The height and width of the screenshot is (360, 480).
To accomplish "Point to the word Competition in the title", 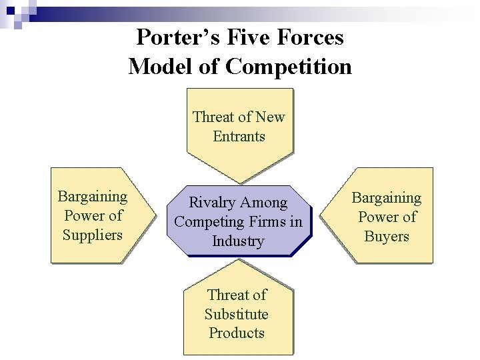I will pyautogui.click(x=289, y=66).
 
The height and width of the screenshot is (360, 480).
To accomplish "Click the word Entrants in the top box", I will pyautogui.click(x=239, y=137).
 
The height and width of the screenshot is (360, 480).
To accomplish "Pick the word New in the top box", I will pyautogui.click(x=270, y=117).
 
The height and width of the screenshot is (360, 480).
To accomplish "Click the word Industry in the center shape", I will pyautogui.click(x=238, y=241).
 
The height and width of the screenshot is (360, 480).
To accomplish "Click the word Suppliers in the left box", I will pyautogui.click(x=93, y=235).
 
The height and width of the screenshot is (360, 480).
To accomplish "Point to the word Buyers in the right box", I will pyautogui.click(x=387, y=236).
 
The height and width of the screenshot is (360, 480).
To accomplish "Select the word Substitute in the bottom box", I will pyautogui.click(x=237, y=314).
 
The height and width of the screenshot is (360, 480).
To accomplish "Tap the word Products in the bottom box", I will pyautogui.click(x=237, y=333).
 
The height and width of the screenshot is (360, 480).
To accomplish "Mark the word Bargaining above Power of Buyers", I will pyautogui.click(x=387, y=198).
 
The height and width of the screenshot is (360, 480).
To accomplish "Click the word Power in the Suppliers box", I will pyautogui.click(x=84, y=216).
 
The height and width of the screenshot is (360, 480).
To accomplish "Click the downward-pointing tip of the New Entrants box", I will pyautogui.click(x=240, y=183).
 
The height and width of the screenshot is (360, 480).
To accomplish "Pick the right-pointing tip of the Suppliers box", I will pyautogui.click(x=155, y=215).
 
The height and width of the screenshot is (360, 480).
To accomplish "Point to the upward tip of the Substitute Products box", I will pyautogui.click(x=239, y=260).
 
